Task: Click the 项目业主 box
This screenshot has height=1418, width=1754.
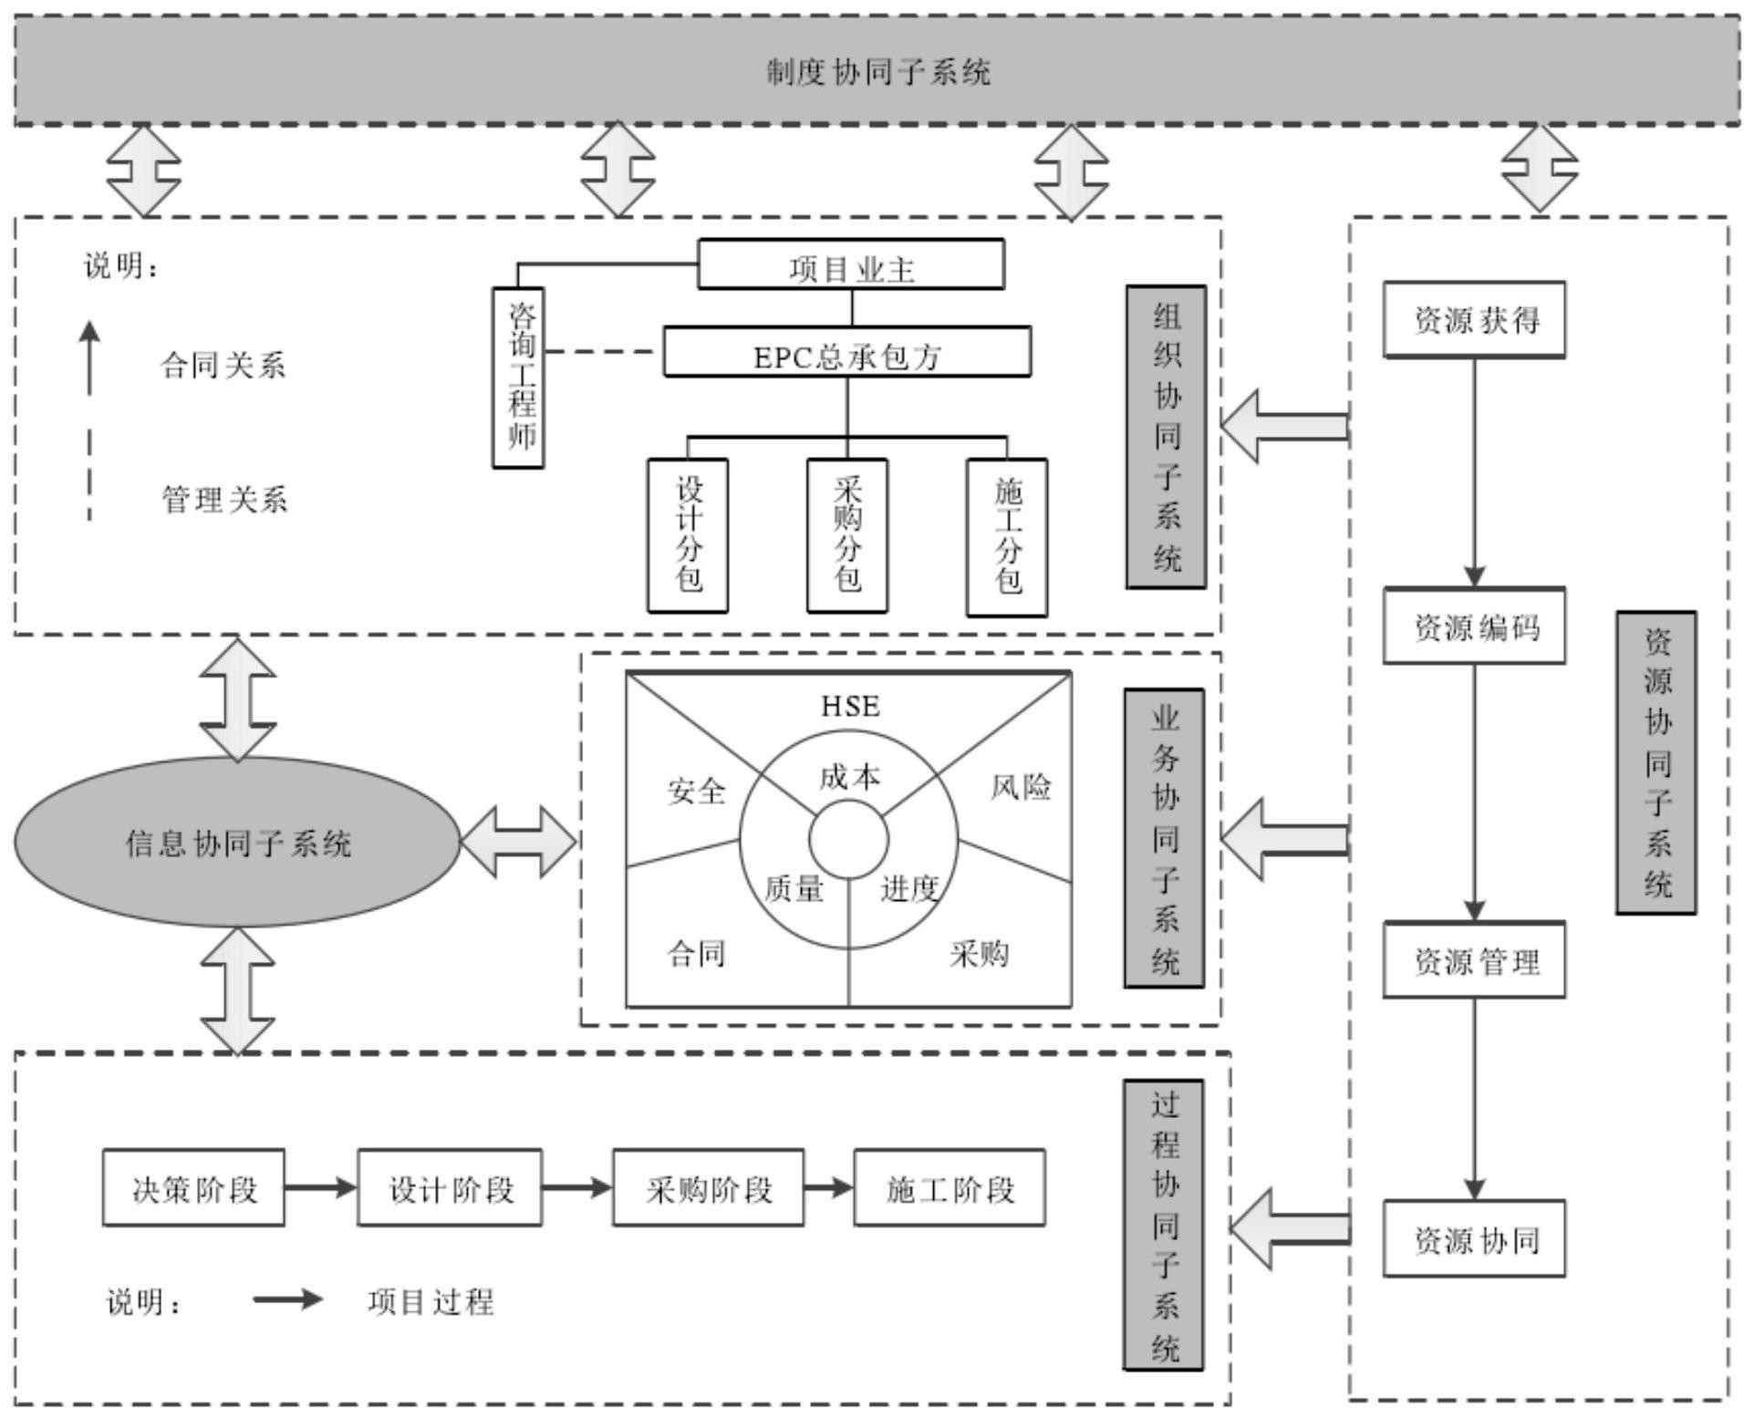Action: [851, 265]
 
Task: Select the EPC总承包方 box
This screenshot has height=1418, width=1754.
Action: [846, 353]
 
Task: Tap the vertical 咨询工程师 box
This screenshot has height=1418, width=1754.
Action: [518, 378]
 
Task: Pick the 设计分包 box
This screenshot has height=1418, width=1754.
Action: [688, 535]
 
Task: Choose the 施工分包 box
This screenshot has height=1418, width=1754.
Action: [1007, 536]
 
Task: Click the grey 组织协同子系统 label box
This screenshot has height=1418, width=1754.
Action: [1166, 437]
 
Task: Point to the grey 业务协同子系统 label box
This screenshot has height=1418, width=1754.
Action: [1164, 838]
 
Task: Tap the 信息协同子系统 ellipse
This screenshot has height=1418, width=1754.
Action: [237, 842]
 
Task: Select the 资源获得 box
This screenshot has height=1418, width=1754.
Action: [1474, 319]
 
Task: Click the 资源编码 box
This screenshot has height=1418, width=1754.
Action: [1474, 626]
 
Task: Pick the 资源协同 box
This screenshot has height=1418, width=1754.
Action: [1474, 1238]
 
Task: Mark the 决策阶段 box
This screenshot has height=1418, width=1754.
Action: [193, 1187]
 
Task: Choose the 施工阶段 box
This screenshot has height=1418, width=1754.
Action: [950, 1187]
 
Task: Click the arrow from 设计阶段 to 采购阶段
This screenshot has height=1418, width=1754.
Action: [576, 1187]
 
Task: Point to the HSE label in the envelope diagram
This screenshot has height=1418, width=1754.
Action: [850, 707]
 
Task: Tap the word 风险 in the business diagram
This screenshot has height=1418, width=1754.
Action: [1021, 787]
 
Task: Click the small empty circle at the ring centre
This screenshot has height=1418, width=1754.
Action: [849, 840]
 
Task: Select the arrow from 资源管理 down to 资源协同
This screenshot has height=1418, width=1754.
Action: [1474, 1098]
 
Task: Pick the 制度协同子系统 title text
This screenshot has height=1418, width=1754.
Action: [877, 72]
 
